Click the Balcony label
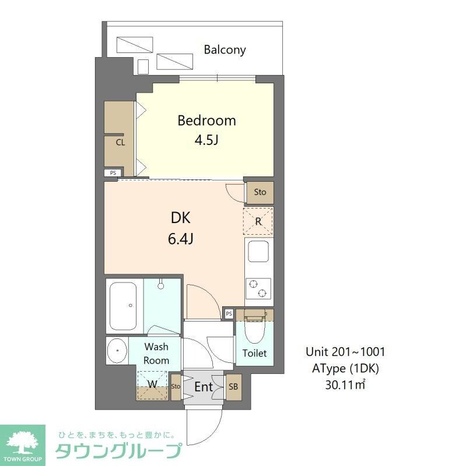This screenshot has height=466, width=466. coord(225,50)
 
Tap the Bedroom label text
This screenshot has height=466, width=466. coord(206,121)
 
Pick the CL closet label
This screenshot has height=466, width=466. coord(120,142)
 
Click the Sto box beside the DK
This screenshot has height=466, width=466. coord(260,192)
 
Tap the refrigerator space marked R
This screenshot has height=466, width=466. coord(258,221)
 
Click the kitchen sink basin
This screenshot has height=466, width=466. coord(258,252)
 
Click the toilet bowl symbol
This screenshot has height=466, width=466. coord(254,332)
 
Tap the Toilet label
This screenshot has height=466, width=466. coord(255,353)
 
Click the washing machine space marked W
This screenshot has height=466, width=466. coord(152,384)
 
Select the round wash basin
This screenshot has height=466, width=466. coord(118,351)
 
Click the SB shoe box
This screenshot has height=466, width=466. coord(233,386)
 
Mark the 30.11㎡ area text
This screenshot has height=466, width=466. coord(345,384)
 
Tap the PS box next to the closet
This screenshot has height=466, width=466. coord(113,173)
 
